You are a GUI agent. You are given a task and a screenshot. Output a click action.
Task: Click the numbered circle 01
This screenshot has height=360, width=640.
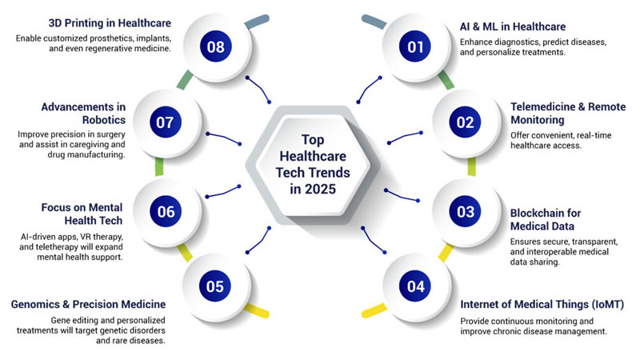(x=415, y=47)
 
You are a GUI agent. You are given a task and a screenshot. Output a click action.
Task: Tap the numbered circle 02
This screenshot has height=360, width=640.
(x=465, y=122)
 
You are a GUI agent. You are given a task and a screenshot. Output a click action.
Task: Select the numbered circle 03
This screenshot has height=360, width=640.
(x=465, y=211)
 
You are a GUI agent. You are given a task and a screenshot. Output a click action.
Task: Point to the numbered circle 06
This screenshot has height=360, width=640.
(x=166, y=211)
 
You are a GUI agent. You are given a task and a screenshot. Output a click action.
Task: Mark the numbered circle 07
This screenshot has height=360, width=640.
(x=166, y=122)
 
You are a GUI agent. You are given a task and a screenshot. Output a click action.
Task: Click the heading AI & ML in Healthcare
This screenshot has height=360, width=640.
(x=512, y=26)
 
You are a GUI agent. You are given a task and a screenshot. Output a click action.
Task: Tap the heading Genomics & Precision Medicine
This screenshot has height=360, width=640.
(x=88, y=304)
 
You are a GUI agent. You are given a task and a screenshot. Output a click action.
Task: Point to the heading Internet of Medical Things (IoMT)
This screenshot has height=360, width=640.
(x=542, y=304)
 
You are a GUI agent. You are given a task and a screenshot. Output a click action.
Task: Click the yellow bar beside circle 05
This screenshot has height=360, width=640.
(x=257, y=309)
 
